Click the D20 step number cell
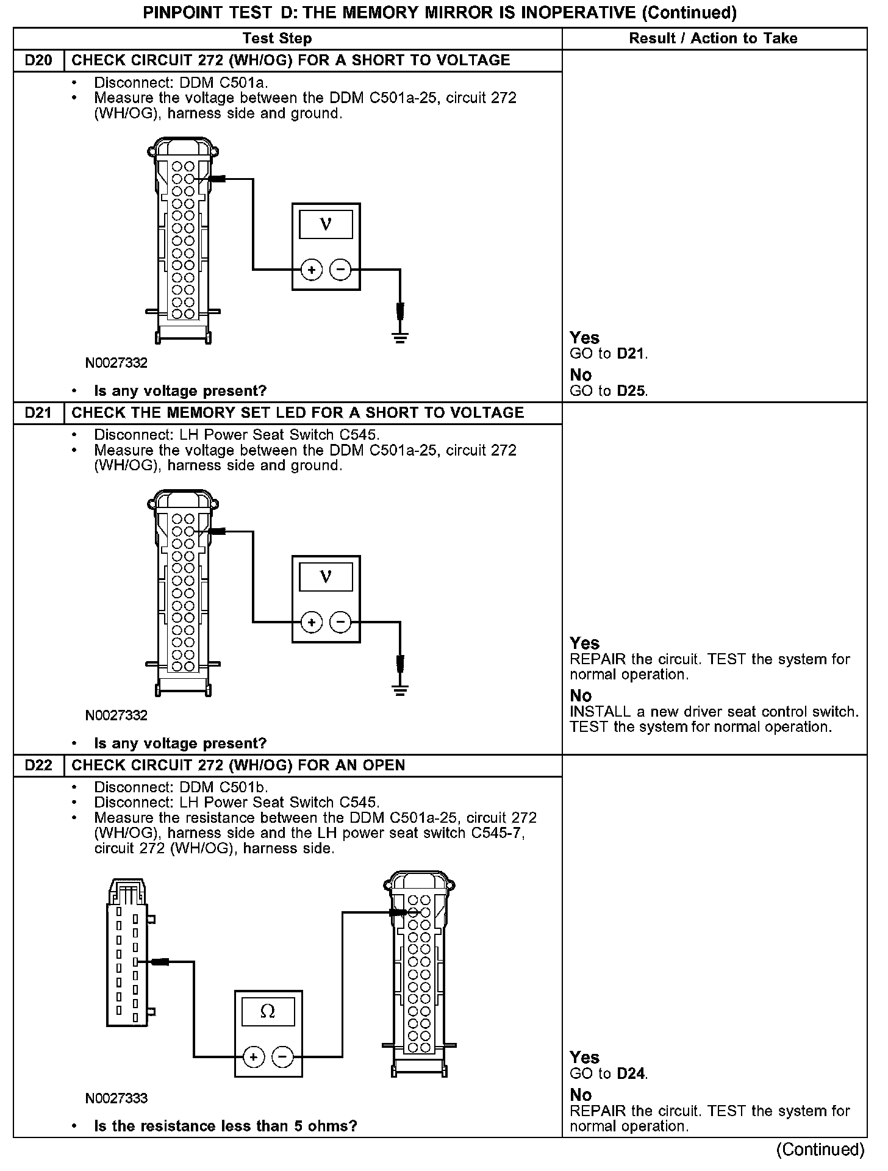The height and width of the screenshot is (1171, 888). pyautogui.click(x=38, y=60)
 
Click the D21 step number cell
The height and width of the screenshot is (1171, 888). pyautogui.click(x=38, y=413)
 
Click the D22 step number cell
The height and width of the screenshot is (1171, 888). pyautogui.click(x=38, y=765)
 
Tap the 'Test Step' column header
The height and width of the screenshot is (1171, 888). pyautogui.click(x=277, y=38)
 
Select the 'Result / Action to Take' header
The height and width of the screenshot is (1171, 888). pyautogui.click(x=713, y=38)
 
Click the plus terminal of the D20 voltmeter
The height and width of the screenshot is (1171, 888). pyautogui.click(x=312, y=269)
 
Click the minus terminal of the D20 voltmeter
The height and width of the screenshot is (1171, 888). pyautogui.click(x=340, y=269)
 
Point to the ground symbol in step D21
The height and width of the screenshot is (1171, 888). pyautogui.click(x=400, y=690)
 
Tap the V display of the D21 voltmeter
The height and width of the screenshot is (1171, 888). pyautogui.click(x=326, y=576)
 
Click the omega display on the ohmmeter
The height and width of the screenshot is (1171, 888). pyautogui.click(x=268, y=1012)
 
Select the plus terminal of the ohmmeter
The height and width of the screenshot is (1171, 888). pyautogui.click(x=254, y=1057)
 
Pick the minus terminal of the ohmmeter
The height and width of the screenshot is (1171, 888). pyautogui.click(x=282, y=1057)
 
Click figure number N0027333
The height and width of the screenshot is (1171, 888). pyautogui.click(x=116, y=1098)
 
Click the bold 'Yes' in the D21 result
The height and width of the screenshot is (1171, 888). pyautogui.click(x=584, y=643)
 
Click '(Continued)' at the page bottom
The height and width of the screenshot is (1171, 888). pyautogui.click(x=820, y=1150)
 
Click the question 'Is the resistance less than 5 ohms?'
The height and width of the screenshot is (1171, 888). pyautogui.click(x=225, y=1126)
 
